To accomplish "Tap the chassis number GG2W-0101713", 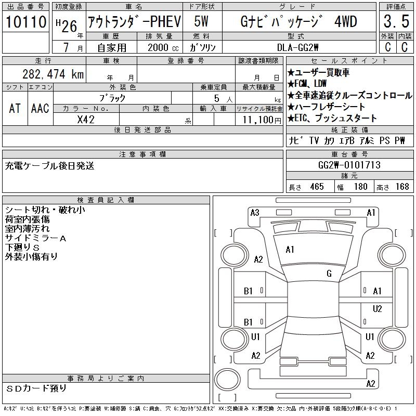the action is click(x=349, y=165).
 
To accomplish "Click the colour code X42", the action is click(x=86, y=119).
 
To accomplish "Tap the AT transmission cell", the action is click(x=15, y=108).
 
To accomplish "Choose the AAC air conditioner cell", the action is click(x=40, y=108).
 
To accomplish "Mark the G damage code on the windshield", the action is click(x=329, y=274).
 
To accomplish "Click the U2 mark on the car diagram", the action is click(x=378, y=308).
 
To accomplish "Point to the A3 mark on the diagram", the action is click(x=255, y=212).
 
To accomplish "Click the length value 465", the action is click(x=316, y=187).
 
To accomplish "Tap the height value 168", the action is click(x=402, y=187).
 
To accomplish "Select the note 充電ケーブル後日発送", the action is click(x=50, y=166).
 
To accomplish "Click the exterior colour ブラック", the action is click(x=112, y=98).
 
